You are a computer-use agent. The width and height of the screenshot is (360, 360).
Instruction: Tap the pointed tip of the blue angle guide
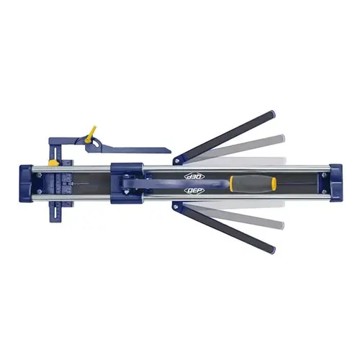(170, 152)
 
